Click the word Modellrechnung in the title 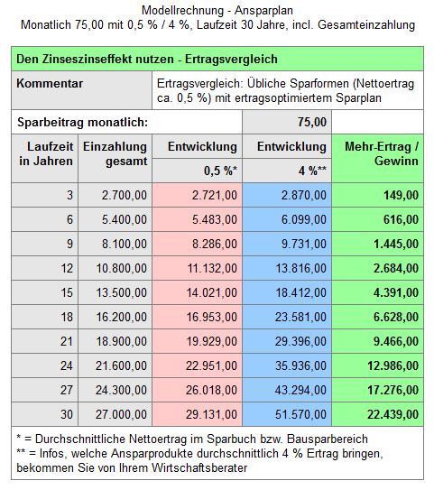pos(182,10)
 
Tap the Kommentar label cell pos(82,90)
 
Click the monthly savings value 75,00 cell pos(287,122)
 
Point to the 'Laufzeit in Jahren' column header pos(45,159)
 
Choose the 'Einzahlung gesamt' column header pos(115,159)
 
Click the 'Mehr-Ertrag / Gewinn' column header pos(378,159)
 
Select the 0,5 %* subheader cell pos(198,171)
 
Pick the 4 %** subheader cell pos(287,171)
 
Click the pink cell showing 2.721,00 pos(198,195)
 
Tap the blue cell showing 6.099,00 pos(287,219)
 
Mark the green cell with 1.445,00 pos(378,244)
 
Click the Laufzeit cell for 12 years pos(45,268)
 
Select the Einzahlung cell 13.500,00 pos(115,292)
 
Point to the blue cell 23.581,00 pos(287,317)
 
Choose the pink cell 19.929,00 pos(198,341)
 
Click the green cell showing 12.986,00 pos(378,365)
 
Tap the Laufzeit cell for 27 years pos(45,390)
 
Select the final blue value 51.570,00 pos(287,414)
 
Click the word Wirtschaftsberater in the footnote pos(199,467)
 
